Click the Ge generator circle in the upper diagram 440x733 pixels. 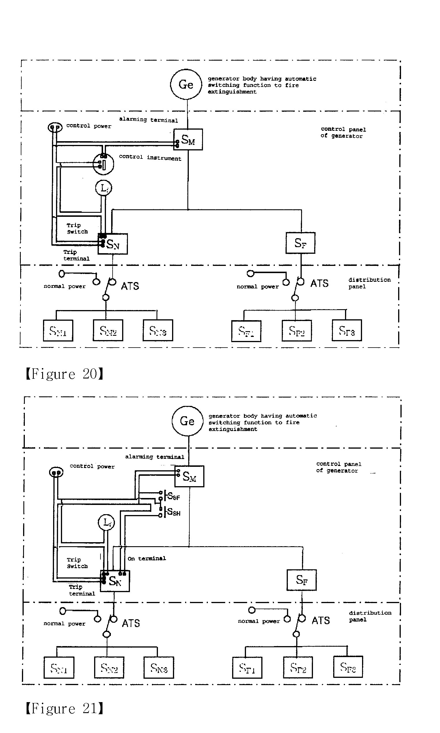coord(186,85)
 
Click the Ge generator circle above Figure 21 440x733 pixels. coord(187,421)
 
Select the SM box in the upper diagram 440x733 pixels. coord(188,139)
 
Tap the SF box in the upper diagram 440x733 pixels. coord(300,243)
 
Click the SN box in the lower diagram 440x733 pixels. coord(115,581)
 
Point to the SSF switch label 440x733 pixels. coord(174,496)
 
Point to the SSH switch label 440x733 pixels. coord(174,512)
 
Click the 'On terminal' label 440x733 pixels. coord(146,558)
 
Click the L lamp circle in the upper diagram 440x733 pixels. coord(104,188)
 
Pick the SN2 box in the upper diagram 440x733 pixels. coord(108,330)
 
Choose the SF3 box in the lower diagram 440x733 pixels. coord(348,667)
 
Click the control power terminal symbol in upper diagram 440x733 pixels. coord(55,127)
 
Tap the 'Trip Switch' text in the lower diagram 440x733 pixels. coord(77,563)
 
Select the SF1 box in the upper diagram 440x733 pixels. coord(246,331)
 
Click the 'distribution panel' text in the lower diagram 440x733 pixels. coord(370,616)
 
